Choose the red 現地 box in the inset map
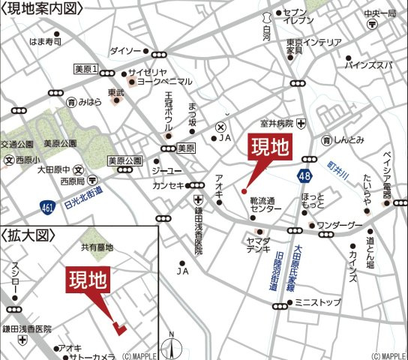point(88,280)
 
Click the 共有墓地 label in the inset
point(97,247)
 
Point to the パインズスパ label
point(367,65)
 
